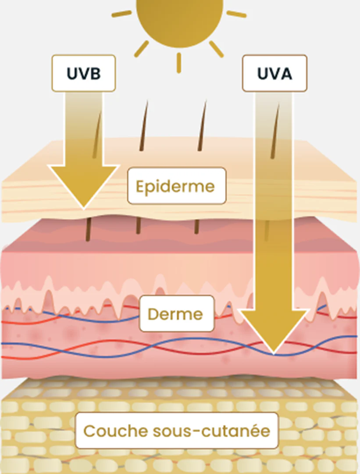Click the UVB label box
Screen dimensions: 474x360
click(x=83, y=73)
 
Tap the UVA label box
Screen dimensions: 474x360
click(x=274, y=73)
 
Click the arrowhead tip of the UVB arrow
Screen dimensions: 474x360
click(x=83, y=207)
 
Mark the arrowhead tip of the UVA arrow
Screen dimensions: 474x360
click(x=274, y=353)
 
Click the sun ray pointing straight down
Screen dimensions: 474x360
click(x=179, y=63)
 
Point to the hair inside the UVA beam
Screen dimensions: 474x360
click(x=275, y=132)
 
